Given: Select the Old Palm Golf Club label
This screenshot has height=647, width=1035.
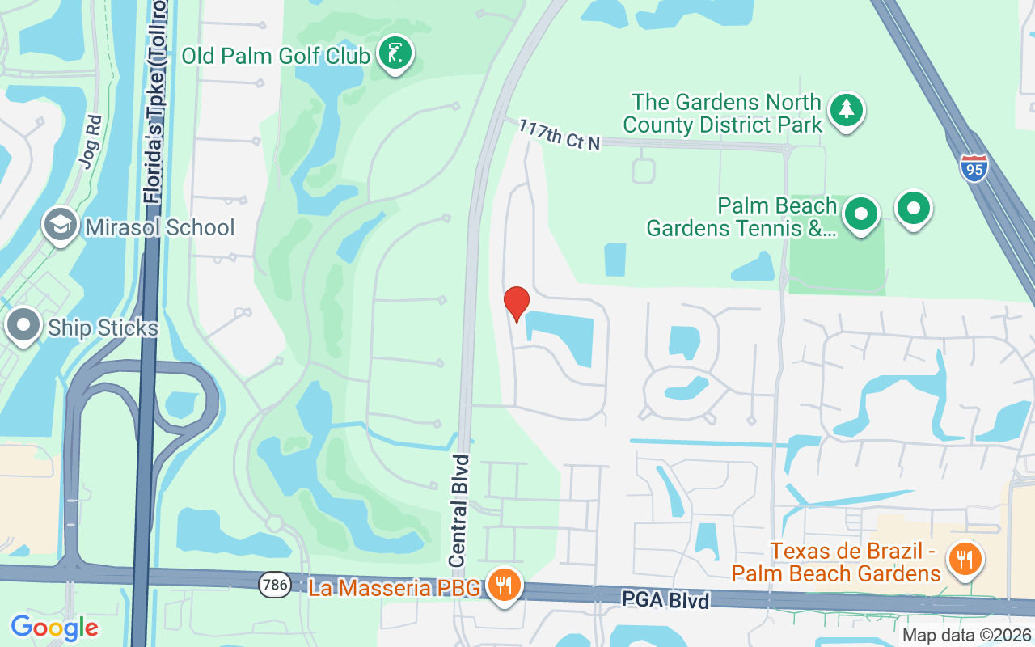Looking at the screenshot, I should (x=276, y=56).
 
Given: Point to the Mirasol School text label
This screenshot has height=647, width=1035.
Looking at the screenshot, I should (x=160, y=227).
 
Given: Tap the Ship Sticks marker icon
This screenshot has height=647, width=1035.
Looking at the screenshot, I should (x=23, y=326).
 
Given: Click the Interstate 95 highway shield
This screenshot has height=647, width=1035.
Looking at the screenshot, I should (x=974, y=167).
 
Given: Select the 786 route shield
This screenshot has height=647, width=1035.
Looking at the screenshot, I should (x=271, y=586).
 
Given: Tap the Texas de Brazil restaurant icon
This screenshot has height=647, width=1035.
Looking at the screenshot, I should (x=964, y=558).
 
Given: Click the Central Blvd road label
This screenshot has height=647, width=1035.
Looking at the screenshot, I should (x=458, y=510).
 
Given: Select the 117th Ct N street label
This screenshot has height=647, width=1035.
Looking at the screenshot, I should (x=560, y=134).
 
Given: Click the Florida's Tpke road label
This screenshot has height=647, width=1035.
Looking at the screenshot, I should (x=155, y=105).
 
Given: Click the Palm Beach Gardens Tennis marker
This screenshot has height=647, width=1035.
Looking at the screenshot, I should (x=861, y=214).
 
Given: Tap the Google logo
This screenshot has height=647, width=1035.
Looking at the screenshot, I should (x=54, y=627).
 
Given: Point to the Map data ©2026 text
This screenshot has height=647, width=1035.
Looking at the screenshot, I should (x=966, y=636).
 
